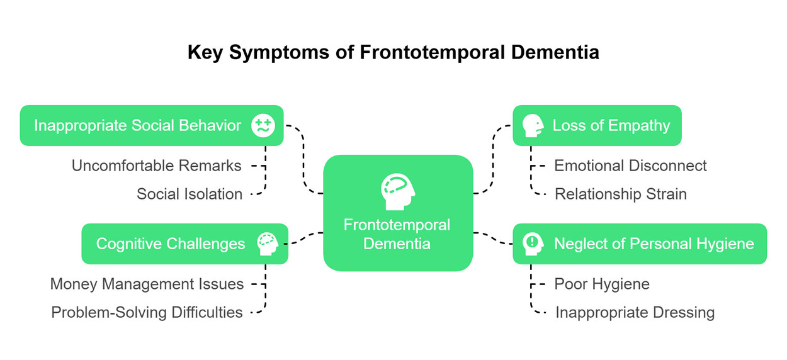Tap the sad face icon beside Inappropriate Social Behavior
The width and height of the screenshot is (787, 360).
coord(263,125)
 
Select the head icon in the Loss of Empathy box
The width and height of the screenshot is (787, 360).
coord(533,125)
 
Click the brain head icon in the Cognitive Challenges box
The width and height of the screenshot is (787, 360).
coord(268,244)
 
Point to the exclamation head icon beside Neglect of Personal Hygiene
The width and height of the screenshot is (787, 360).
coord(533,244)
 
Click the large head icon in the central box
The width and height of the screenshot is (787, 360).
coord(398,192)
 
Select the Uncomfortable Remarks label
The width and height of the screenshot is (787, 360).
coord(156,166)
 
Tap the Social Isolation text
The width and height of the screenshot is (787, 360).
coord(190,194)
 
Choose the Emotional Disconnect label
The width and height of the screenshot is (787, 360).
coord(630,166)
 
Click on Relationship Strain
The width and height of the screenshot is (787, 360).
coord(620,194)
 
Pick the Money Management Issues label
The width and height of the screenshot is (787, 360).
coord(147,284)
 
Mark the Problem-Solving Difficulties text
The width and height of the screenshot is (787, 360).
coord(147,313)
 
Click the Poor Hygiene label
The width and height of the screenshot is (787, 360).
coord(602,284)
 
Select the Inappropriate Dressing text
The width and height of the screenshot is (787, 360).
coord(635,313)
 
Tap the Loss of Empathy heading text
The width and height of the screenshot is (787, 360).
coord(611,126)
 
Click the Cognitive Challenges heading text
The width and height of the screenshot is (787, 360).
coord(171,244)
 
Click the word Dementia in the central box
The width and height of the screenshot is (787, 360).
coord(397,244)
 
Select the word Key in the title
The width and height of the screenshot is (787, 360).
coord(205,53)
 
